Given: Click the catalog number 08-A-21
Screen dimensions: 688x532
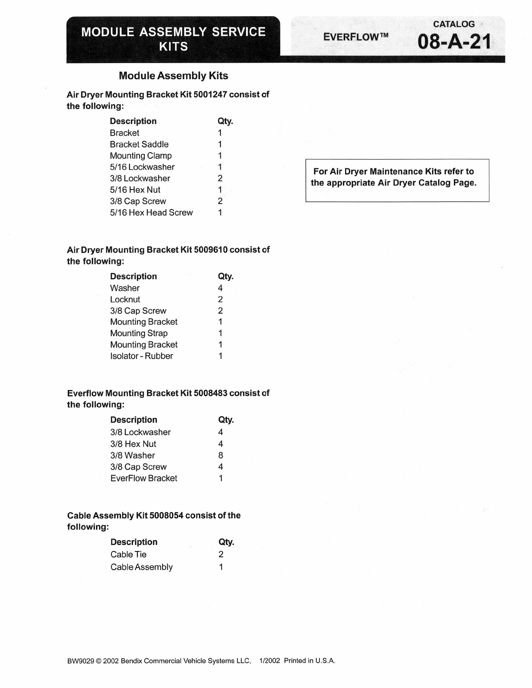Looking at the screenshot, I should [x=454, y=42].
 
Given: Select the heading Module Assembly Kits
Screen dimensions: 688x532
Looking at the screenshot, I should [x=173, y=76].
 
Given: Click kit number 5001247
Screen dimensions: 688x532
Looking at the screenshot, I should [x=210, y=94].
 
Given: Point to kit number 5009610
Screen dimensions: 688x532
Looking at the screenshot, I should [x=211, y=250].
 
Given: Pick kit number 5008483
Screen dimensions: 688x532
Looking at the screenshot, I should [x=210, y=393].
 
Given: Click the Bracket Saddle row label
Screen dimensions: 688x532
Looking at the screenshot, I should [x=139, y=144].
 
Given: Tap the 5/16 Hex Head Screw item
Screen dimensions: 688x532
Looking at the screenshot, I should [x=151, y=213].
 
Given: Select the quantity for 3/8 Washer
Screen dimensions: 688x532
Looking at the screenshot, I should [x=221, y=455].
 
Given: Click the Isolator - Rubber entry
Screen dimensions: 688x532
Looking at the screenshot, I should [x=142, y=356].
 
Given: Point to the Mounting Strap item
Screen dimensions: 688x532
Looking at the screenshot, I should [x=139, y=333].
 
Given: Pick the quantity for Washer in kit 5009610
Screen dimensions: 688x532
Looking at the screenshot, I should [x=220, y=288].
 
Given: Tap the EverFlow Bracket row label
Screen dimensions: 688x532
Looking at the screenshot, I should [x=144, y=478].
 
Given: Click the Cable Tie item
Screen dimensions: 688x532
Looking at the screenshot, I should [x=128, y=554].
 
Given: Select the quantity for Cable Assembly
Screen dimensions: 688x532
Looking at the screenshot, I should [x=221, y=567].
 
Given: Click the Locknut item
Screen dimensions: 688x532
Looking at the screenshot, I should [x=125, y=299].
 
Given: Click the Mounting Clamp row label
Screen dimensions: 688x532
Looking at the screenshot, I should [x=141, y=156].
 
